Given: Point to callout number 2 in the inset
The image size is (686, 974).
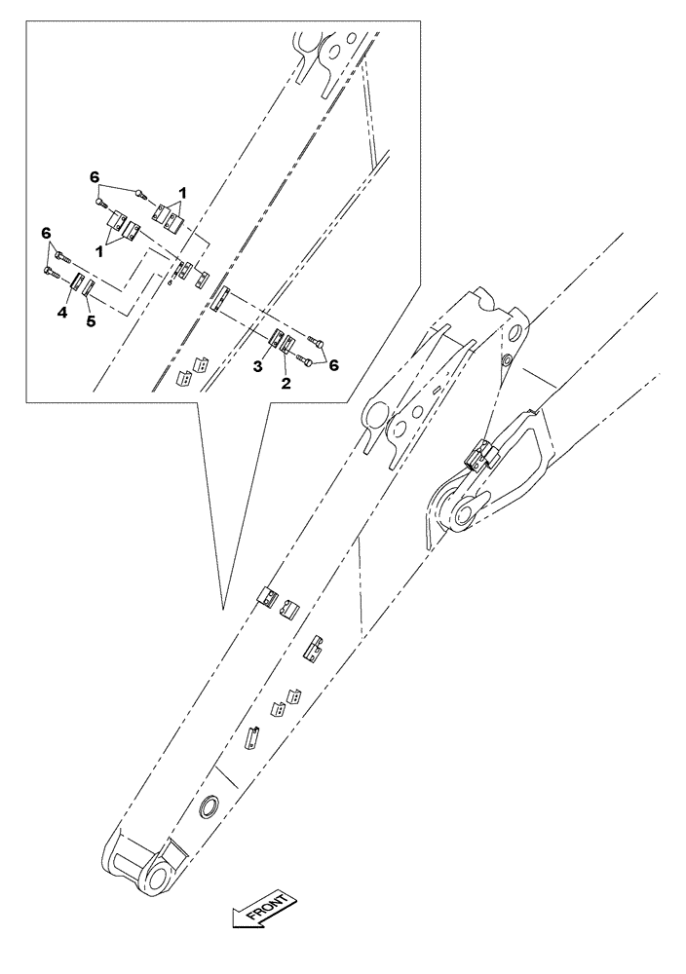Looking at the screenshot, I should point(286,383).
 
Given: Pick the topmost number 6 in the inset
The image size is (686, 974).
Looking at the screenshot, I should point(95,176).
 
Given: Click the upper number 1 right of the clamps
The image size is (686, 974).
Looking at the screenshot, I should point(182,193).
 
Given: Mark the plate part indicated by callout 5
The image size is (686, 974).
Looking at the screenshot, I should point(88,288).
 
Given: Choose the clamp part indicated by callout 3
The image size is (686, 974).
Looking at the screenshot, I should point(275,342).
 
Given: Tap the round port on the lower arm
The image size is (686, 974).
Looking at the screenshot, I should point(209,806).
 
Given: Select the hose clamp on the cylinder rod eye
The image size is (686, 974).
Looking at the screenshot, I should point(481,455).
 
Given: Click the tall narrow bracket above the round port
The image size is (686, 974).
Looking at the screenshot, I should point(252,736).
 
